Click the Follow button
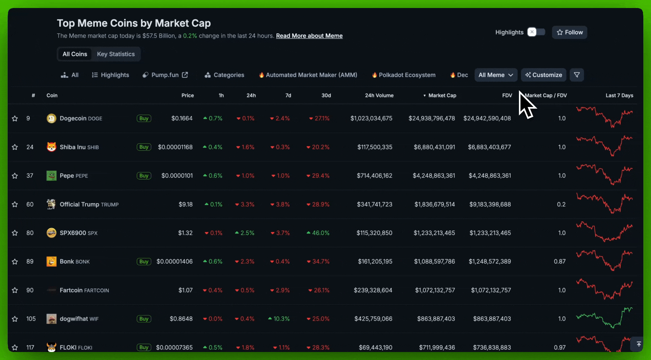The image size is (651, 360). click(x=569, y=32)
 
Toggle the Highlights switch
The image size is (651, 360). click(x=536, y=32)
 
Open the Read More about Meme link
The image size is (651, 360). click(x=309, y=36)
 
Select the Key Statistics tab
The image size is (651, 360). click(x=116, y=54)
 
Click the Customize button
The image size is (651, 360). click(x=543, y=75)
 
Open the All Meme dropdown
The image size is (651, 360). click(x=496, y=75)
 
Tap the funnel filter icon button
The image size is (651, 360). click(x=577, y=75)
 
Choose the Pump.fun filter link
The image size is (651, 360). click(x=165, y=75)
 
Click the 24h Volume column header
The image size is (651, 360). click(x=379, y=95)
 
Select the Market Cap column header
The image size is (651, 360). click(x=442, y=95)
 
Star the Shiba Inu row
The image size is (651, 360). click(x=15, y=147)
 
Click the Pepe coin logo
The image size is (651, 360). click(x=51, y=176)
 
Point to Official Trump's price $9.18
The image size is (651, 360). click(x=185, y=204)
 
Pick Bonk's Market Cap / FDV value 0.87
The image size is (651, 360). click(x=560, y=262)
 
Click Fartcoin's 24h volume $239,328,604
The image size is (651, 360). click(x=373, y=290)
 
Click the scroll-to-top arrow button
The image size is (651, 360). click(x=638, y=344)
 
